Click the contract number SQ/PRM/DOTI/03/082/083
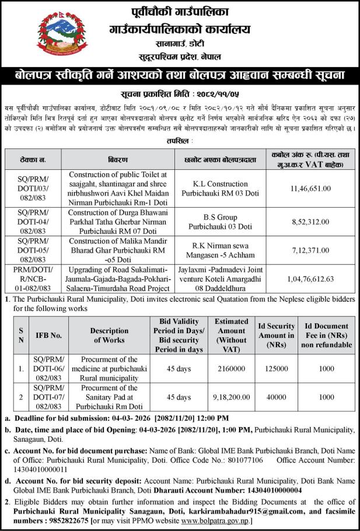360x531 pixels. click(29, 188)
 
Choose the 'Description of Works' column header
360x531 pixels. click(109, 336)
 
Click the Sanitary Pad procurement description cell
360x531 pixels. click(109, 397)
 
